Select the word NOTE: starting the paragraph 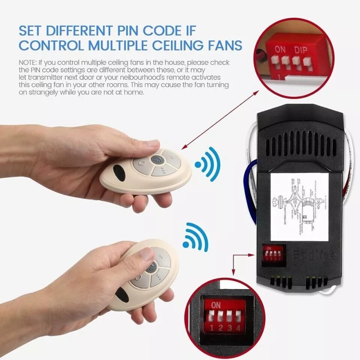tap(29, 61)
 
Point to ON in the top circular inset tap(280, 49)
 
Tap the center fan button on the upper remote tap(157, 159)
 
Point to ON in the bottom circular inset tap(216, 306)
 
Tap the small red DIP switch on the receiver tap(273, 255)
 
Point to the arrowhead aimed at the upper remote tap(184, 148)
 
